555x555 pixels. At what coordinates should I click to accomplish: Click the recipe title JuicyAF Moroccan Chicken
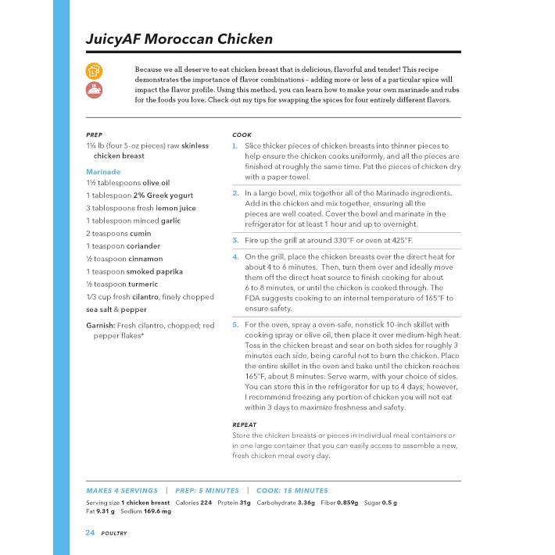pyautogui.click(x=179, y=39)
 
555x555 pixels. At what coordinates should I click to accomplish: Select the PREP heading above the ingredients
pyautogui.click(x=94, y=134)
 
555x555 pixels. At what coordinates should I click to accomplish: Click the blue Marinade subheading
pyautogui.click(x=103, y=171)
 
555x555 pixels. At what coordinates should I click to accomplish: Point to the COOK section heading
pyautogui.click(x=242, y=134)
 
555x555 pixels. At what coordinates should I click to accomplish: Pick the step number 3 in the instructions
pyautogui.click(x=235, y=240)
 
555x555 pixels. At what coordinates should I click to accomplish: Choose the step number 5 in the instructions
pyautogui.click(x=235, y=324)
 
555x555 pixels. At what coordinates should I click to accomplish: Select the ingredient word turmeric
pyautogui.click(x=124, y=284)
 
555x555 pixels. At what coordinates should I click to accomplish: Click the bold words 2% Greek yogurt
pyautogui.click(x=163, y=195)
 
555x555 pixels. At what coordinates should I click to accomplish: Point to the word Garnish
pyautogui.click(x=101, y=324)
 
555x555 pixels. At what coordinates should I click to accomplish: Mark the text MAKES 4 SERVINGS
pyautogui.click(x=121, y=490)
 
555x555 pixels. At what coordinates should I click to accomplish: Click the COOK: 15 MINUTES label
pyautogui.click(x=294, y=490)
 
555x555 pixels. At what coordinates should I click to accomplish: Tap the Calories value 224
pyautogui.click(x=206, y=503)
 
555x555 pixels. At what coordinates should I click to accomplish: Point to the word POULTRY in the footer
pyautogui.click(x=114, y=533)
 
